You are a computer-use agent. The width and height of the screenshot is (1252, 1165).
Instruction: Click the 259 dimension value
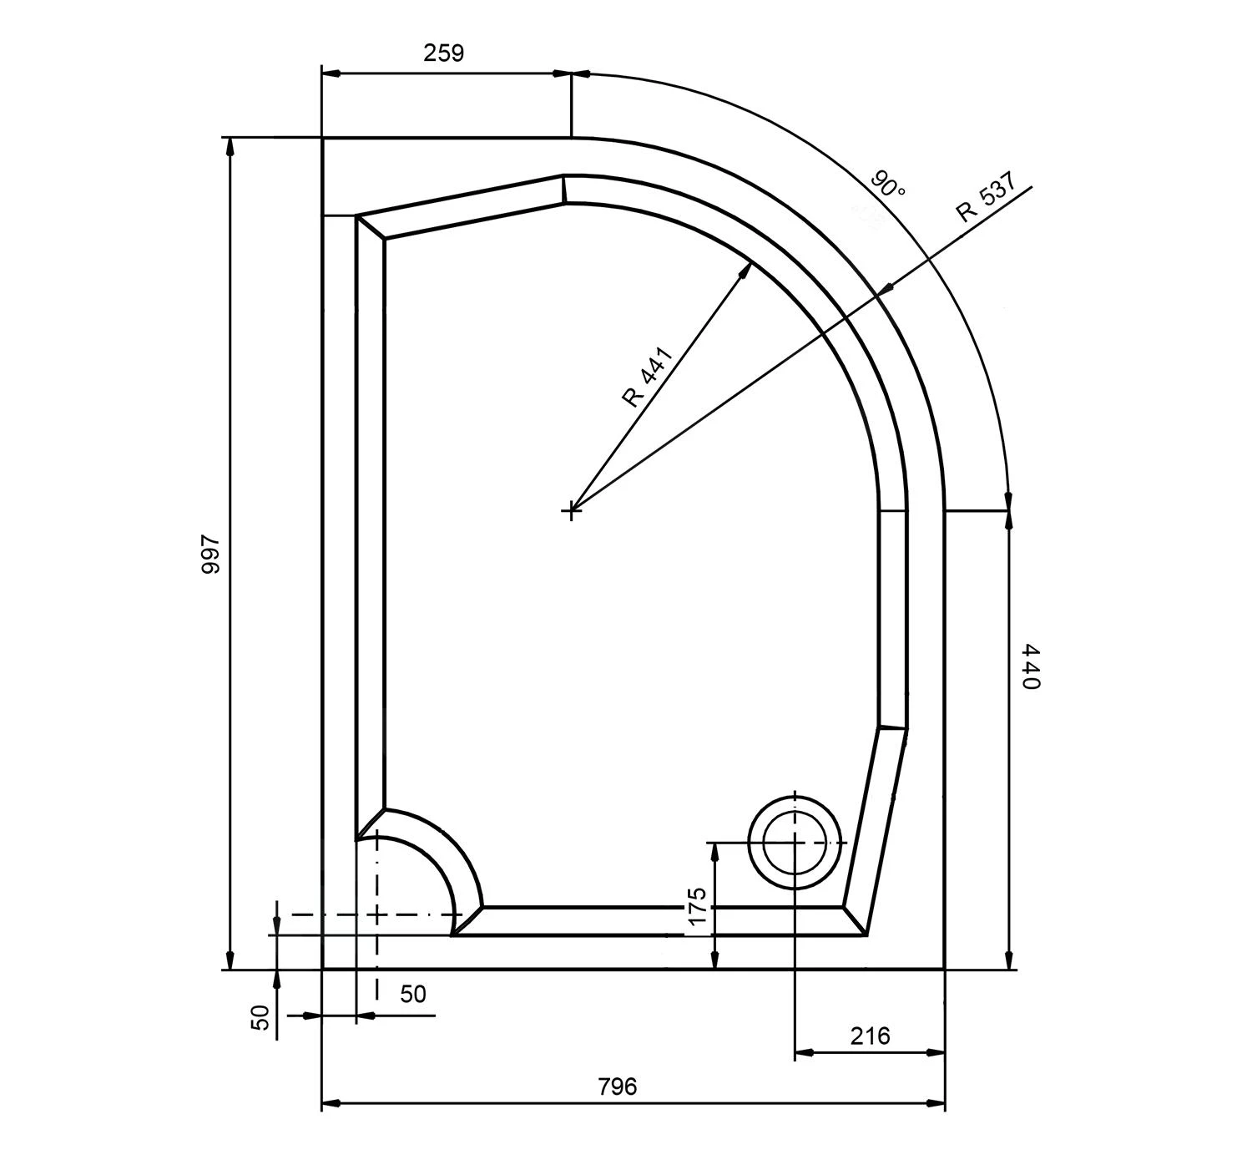pos(443,53)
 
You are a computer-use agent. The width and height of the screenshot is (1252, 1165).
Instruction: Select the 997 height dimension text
pos(210,555)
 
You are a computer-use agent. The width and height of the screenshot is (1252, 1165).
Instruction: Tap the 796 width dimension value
pos(617,1086)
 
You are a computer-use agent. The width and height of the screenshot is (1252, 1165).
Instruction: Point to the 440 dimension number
pos(1029,666)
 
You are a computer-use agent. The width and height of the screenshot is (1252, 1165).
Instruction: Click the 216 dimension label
pos(870,1036)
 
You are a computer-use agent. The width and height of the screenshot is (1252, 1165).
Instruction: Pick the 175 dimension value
pos(698,907)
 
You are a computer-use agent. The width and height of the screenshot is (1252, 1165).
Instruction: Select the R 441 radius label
pos(648,377)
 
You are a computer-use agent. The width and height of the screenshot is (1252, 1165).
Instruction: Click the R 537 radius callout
pos(987,197)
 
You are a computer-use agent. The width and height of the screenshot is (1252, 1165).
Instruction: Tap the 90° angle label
pos(888,185)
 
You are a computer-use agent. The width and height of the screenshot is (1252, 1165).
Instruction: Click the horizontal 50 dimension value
pos(413,995)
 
